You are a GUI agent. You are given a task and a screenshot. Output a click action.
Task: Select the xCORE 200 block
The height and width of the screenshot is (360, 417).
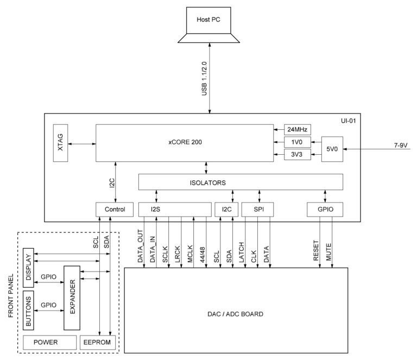(x=185, y=143)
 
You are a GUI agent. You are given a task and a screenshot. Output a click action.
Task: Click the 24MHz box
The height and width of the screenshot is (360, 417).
(x=297, y=129)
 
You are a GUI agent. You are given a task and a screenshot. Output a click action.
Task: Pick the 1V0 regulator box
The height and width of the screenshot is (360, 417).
(x=297, y=142)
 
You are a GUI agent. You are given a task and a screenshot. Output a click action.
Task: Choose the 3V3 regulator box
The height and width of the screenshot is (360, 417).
(x=297, y=155)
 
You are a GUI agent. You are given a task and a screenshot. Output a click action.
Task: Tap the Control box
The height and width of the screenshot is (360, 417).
(x=114, y=209)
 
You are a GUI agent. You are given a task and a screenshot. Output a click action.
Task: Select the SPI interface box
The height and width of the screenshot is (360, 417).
(x=259, y=209)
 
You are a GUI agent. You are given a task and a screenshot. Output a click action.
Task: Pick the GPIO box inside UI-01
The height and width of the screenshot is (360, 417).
(x=325, y=209)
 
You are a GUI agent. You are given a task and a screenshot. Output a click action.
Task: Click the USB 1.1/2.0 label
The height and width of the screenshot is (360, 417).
(x=205, y=78)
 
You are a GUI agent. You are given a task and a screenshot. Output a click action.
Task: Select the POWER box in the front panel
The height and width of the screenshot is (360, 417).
(x=49, y=343)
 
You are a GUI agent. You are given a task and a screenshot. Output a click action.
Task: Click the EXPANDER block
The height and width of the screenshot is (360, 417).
(x=72, y=298)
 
